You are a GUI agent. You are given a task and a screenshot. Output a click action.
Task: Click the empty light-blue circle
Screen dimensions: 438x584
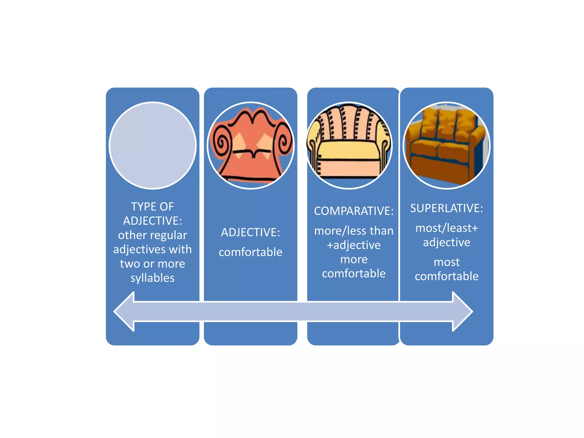coord(153,145)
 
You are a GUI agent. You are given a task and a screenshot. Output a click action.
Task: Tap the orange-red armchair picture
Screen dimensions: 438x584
coord(251,145)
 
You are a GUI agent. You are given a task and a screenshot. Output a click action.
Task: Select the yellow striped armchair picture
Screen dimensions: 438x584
coord(349,145)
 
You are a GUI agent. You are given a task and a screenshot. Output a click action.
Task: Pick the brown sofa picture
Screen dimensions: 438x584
coord(447,145)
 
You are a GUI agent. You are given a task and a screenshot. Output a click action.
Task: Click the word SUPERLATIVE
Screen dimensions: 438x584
coord(445,208)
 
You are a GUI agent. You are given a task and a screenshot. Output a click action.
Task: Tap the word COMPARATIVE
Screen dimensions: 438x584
coord(352,211)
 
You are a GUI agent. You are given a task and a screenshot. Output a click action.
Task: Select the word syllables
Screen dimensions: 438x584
coord(153,278)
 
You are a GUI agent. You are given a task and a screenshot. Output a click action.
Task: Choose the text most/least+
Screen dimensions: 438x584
coord(447,228)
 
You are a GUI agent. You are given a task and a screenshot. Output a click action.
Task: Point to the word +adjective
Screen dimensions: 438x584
coord(354,245)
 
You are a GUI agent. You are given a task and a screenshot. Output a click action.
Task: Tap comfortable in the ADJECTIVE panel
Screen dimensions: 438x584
coord(251,252)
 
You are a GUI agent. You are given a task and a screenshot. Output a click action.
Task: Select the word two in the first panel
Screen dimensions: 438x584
coord(130,264)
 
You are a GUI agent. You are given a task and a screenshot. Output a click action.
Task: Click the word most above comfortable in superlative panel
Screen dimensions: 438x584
coord(447,262)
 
